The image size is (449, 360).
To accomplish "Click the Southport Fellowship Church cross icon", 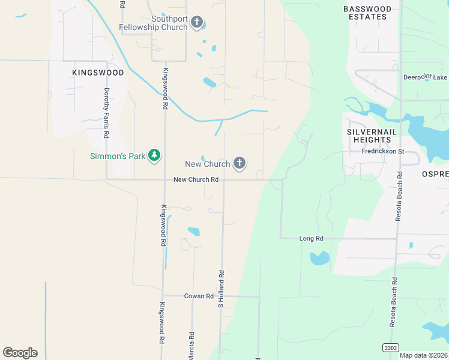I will (197, 23).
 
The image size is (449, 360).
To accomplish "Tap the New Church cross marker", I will (240, 163).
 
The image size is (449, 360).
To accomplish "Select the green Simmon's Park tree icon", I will (155, 156).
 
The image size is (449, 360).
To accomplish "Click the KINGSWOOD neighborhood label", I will (98, 73).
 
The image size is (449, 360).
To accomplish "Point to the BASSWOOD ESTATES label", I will (367, 13).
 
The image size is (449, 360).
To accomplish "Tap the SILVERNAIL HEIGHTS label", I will (369, 135).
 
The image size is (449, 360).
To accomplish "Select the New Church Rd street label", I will (195, 179).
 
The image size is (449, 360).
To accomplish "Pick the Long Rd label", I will (311, 238).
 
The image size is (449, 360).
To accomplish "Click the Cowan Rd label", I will (199, 296).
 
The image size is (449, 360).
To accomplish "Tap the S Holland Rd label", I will (221, 289).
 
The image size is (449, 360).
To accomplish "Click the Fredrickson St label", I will (384, 151).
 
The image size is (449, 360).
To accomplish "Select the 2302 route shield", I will (391, 347).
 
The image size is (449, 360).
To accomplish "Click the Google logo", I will (20, 353).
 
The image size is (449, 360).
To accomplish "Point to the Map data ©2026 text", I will (424, 355).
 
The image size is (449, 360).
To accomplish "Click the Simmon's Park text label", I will (118, 156).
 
